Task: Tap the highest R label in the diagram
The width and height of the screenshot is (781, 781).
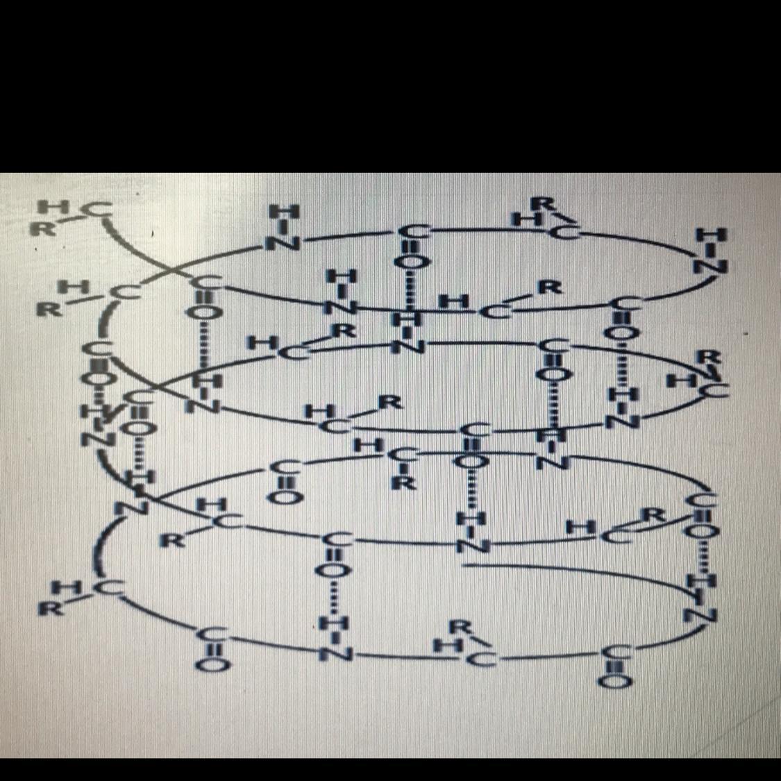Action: coord(545,203)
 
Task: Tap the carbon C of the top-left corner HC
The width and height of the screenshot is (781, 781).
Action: coord(101,207)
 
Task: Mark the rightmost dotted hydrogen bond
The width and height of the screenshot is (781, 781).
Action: coord(701,556)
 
